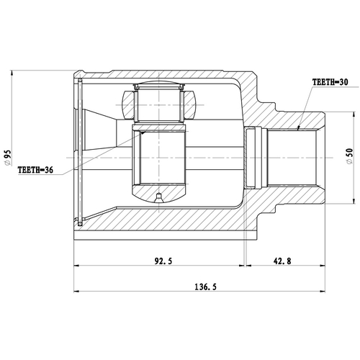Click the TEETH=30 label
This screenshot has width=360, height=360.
tap(330, 84)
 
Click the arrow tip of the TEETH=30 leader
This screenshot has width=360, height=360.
tap(297, 130)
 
